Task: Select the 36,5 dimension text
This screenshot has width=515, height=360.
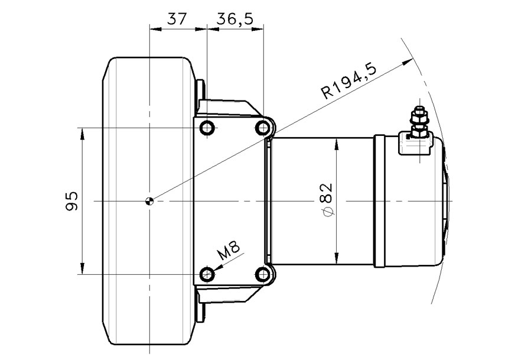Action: coord(234,18)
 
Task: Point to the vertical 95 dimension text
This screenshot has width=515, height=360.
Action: coord(71,201)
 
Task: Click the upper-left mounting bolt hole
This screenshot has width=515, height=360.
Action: coord(207,128)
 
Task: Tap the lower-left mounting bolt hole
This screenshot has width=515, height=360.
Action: coord(207,274)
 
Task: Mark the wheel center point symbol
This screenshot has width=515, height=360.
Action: coord(150,201)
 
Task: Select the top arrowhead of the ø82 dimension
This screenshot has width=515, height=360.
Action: coord(336,141)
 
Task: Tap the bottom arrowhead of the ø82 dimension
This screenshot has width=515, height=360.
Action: coord(336,261)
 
